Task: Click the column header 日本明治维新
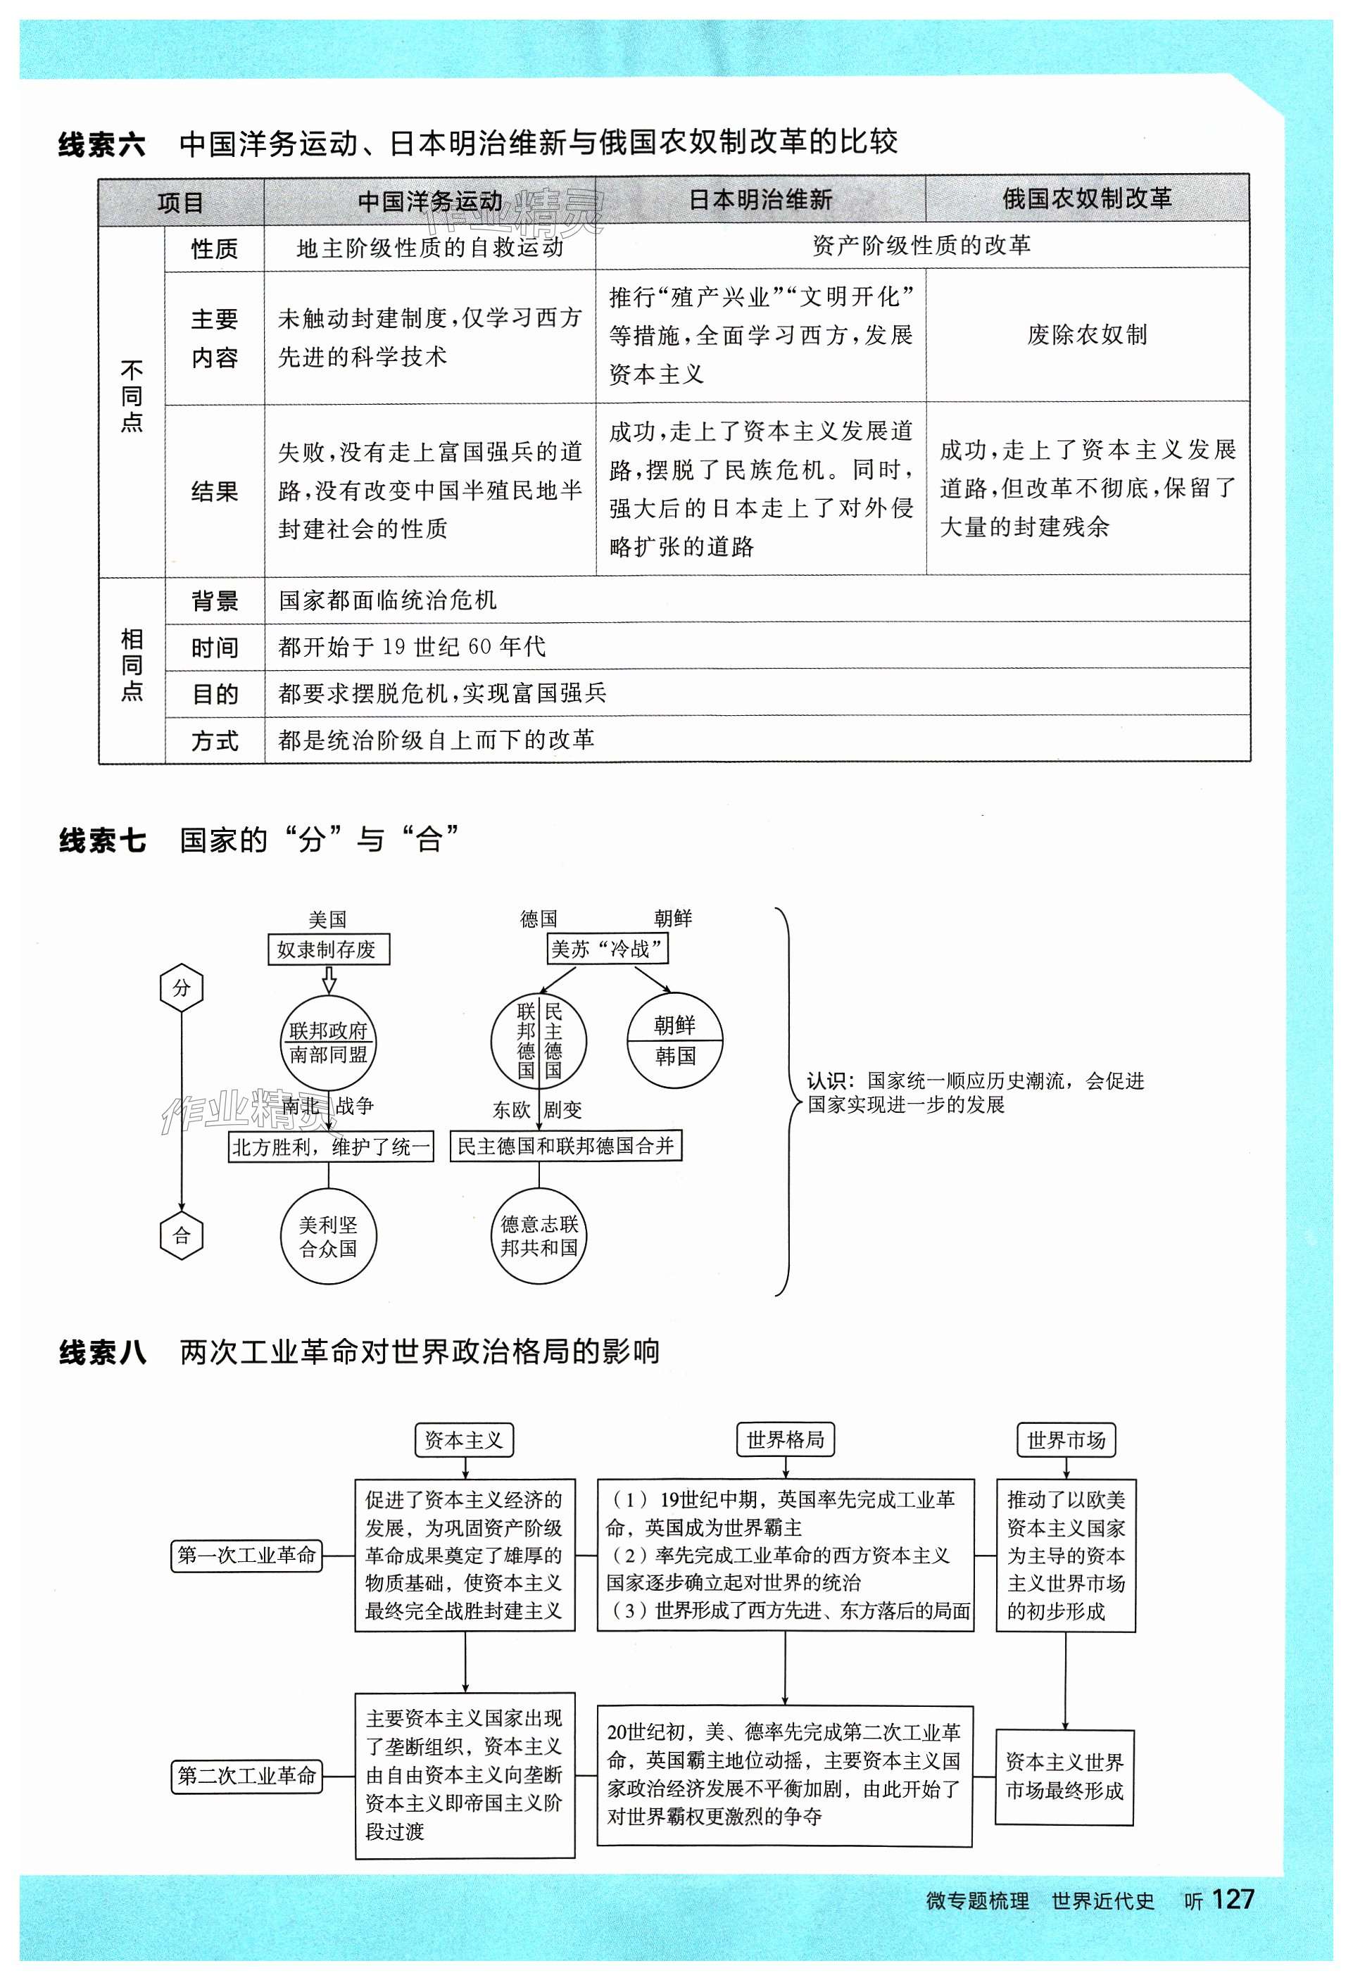pyautogui.click(x=760, y=199)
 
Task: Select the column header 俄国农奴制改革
pyautogui.click(x=1086, y=198)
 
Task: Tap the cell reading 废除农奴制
pyautogui.click(x=1086, y=335)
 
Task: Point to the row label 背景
pyautogui.click(x=214, y=600)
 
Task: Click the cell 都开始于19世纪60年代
pyautogui.click(x=412, y=647)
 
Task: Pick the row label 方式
pyautogui.click(x=214, y=740)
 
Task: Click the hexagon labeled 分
pyautogui.click(x=182, y=988)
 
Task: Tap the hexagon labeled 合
pyautogui.click(x=182, y=1235)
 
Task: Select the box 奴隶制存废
pyautogui.click(x=328, y=949)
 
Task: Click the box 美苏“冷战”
pyautogui.click(x=607, y=948)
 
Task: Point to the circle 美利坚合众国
pyautogui.click(x=328, y=1236)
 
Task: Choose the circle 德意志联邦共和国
pyautogui.click(x=539, y=1236)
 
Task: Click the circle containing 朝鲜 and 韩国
pyautogui.click(x=675, y=1040)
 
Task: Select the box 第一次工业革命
pyautogui.click(x=246, y=1555)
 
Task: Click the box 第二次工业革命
pyautogui.click(x=246, y=1776)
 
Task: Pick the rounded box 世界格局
pyautogui.click(x=785, y=1441)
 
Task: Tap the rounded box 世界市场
pyautogui.click(x=1065, y=1441)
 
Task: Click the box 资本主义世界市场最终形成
pyautogui.click(x=1064, y=1777)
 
